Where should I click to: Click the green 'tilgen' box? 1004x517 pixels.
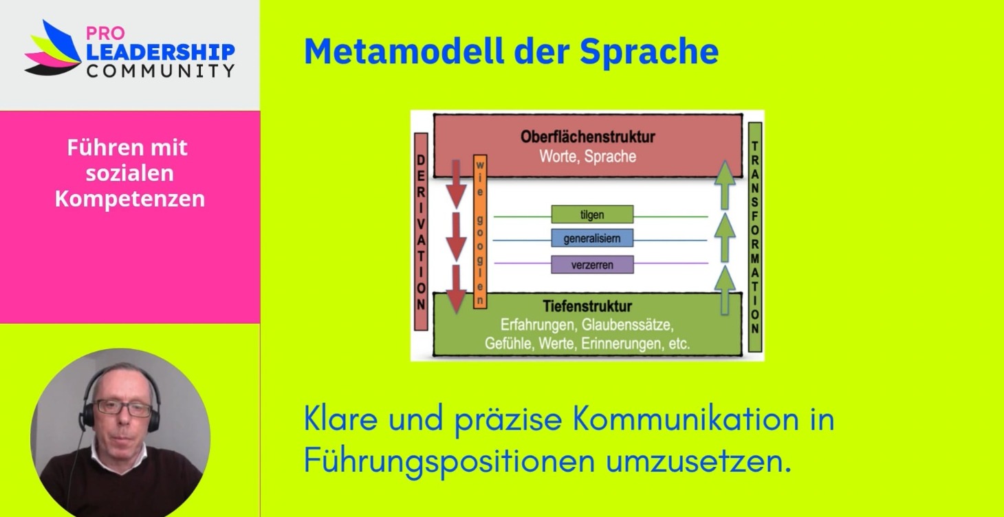[x=592, y=214]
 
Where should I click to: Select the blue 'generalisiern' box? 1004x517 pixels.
[x=592, y=239]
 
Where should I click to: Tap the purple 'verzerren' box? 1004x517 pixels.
[x=592, y=265]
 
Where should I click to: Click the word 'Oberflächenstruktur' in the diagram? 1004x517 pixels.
[x=587, y=137]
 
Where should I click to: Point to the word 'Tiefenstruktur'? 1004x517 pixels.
[x=587, y=307]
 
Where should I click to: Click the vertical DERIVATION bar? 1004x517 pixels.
[x=421, y=232]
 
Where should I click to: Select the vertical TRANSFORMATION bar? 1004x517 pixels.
[x=755, y=237]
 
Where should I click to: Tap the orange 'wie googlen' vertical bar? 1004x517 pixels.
[x=480, y=232]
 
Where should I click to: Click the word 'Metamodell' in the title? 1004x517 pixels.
[x=404, y=52]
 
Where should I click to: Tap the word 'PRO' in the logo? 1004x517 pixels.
[x=105, y=33]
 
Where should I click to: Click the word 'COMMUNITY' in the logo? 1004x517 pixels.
[x=160, y=70]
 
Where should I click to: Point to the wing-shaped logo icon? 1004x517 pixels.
[x=53, y=48]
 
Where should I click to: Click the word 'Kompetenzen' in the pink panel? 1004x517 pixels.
[x=130, y=199]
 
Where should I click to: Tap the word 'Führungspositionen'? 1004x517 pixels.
[x=449, y=461]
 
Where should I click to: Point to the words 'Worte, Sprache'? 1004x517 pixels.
[x=587, y=156]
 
